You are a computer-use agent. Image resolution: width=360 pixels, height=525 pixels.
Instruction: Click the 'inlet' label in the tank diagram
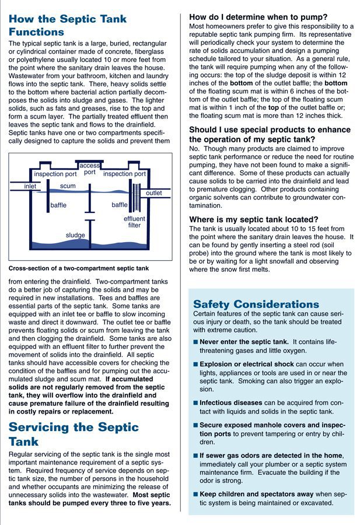pos(30,186)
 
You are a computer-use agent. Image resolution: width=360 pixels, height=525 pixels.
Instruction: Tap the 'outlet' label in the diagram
pos(154,193)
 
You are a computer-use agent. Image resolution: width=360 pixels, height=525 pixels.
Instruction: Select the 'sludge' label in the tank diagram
pos(75,235)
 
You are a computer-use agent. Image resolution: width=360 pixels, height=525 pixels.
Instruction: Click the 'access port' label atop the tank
pos(89,169)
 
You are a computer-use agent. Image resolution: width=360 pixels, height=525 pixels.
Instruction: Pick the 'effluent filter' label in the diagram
pos(134,222)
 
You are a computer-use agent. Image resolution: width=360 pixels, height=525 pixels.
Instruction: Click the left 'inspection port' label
pos(55,174)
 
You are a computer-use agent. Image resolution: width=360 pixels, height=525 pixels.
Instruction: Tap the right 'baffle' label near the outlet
pos(120,205)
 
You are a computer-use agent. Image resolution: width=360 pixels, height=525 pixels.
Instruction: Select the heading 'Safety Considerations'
pos(256,304)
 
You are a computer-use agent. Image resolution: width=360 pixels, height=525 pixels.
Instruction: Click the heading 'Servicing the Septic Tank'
pos(74,434)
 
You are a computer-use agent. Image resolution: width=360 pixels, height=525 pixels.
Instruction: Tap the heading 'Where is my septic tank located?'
pos(253,219)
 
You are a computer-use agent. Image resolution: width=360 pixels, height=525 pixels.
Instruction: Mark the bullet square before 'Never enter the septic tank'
pos(195,342)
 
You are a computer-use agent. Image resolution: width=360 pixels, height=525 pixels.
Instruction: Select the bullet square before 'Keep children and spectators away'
pos(195,494)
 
